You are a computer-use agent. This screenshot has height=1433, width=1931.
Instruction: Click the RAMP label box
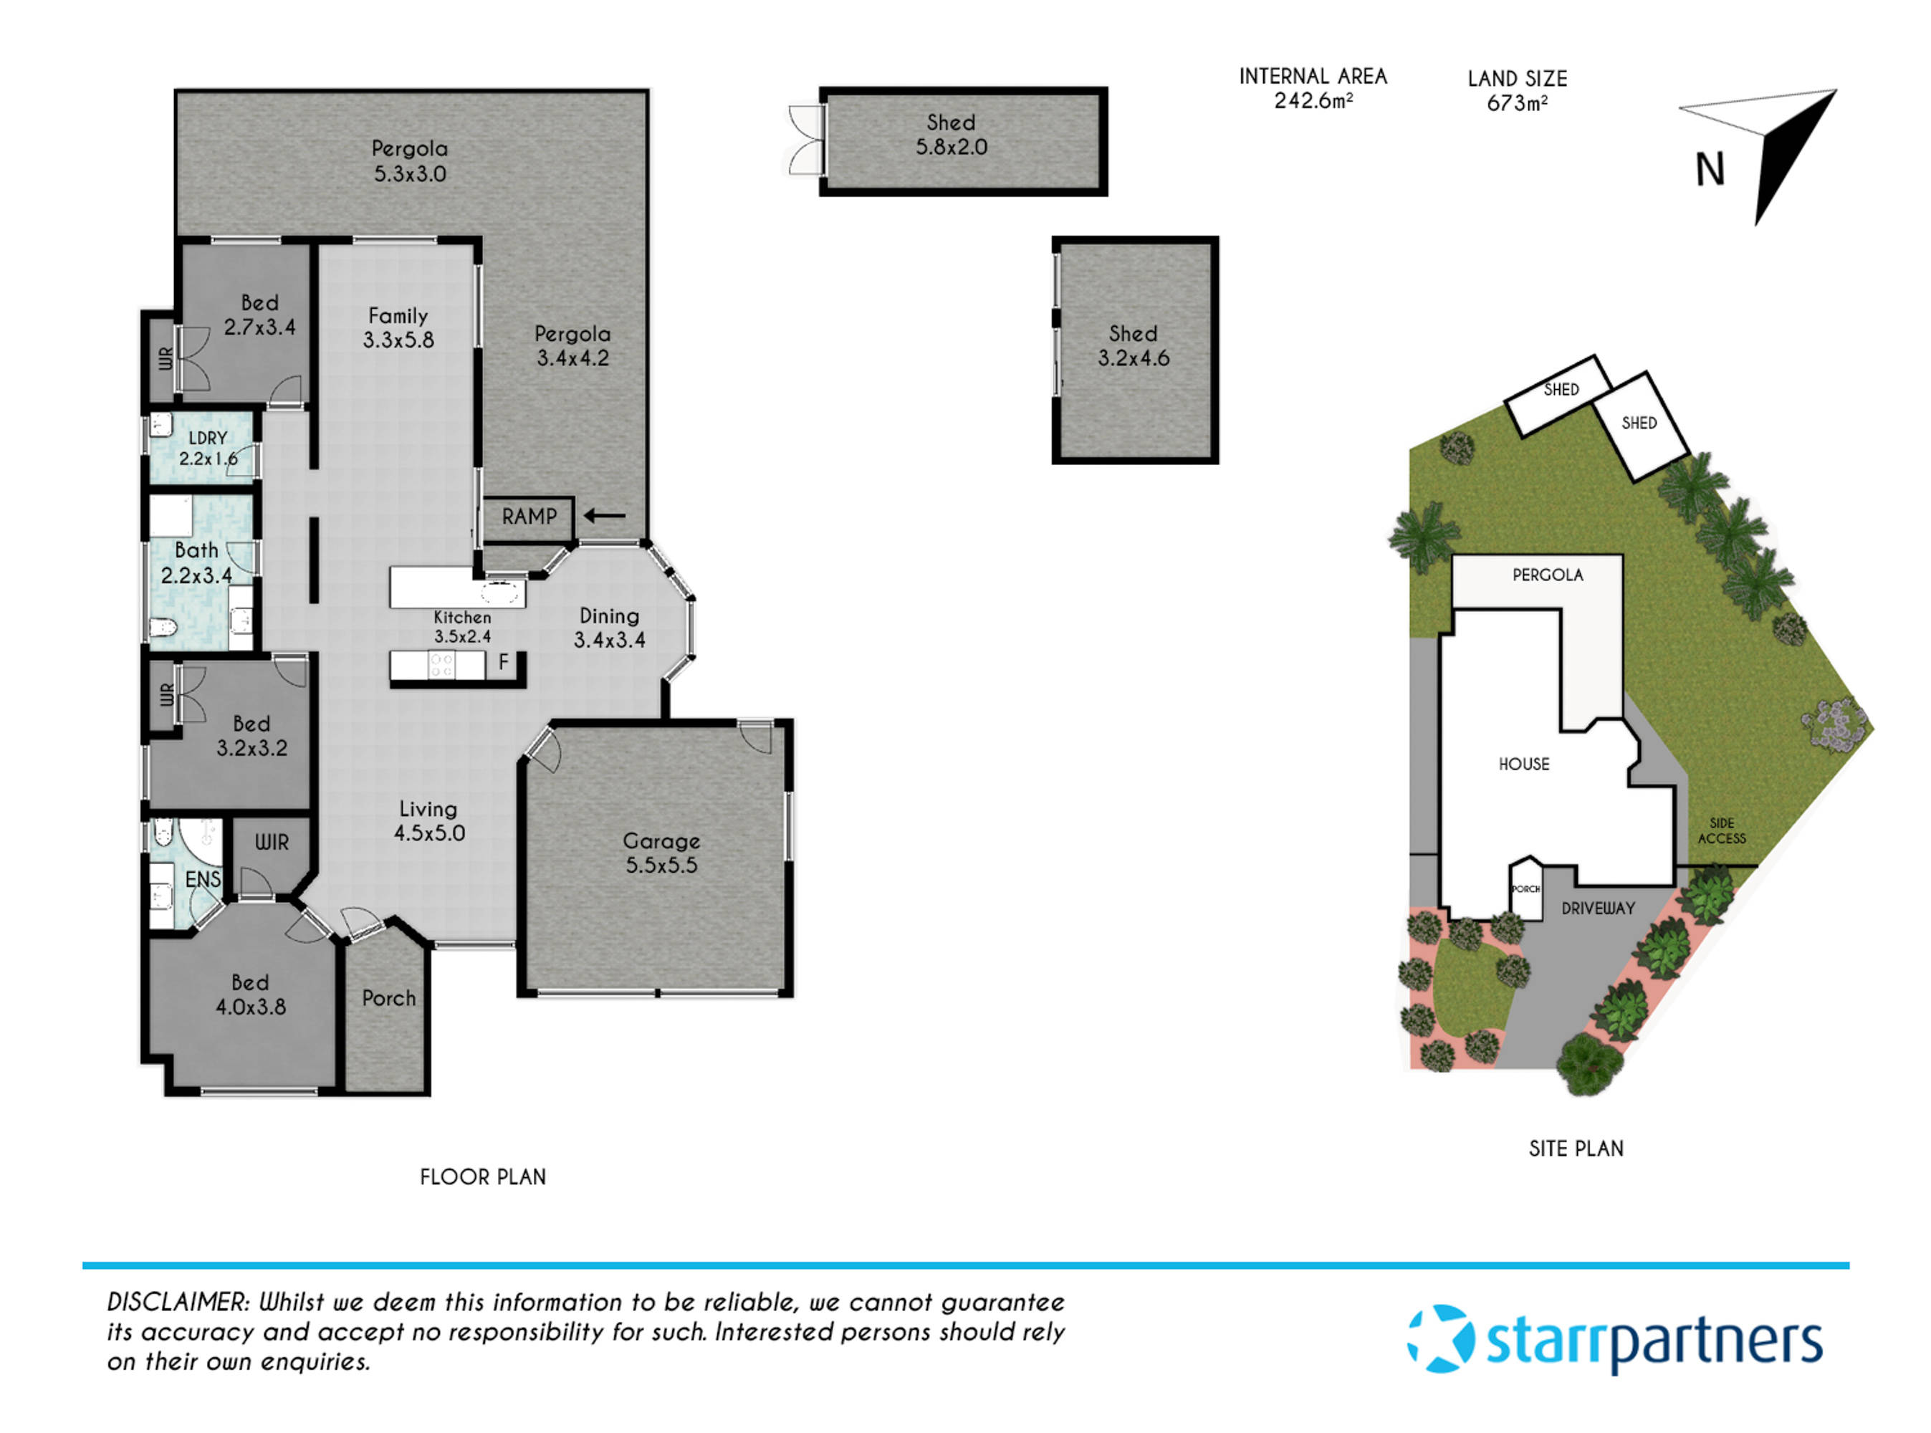(x=527, y=518)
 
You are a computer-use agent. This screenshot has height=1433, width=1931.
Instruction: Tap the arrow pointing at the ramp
(x=604, y=516)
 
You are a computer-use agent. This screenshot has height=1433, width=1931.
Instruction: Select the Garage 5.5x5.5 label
(x=661, y=853)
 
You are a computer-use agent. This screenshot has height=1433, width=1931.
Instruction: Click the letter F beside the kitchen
(x=503, y=663)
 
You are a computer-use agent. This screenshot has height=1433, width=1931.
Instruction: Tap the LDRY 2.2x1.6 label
(x=207, y=449)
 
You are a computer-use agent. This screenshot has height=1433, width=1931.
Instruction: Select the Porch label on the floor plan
(x=388, y=998)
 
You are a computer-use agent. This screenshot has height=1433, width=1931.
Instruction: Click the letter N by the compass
(x=1710, y=170)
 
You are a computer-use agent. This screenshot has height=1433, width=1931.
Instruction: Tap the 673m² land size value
(x=1516, y=104)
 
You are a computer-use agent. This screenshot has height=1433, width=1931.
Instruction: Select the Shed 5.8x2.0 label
(x=951, y=135)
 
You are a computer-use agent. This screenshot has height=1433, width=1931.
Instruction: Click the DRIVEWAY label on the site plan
(x=1597, y=909)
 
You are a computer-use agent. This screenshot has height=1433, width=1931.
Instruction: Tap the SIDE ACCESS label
(x=1721, y=831)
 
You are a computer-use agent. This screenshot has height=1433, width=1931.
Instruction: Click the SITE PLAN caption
(x=1576, y=1149)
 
